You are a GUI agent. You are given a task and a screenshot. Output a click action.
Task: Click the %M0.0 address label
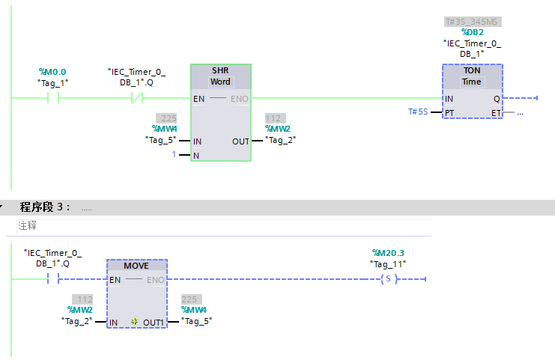point(52,72)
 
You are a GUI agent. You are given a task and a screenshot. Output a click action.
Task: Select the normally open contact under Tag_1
point(53,98)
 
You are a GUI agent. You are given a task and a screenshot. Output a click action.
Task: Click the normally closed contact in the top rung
point(137,98)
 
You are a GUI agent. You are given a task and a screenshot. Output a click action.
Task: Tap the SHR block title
point(220,70)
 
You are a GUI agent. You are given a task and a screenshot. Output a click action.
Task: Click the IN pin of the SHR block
point(198,141)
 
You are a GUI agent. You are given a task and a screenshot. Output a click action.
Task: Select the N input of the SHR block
point(196,155)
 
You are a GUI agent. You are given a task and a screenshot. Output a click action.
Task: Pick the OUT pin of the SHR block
point(240,141)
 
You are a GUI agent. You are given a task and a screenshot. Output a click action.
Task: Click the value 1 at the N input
point(175,155)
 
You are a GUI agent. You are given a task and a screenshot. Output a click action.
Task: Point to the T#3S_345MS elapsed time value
point(472,22)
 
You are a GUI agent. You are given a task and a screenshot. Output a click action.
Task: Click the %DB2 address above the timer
point(472,32)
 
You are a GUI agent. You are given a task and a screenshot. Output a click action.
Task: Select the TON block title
point(472,70)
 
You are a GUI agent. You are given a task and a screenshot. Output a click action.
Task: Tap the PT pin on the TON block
point(449,112)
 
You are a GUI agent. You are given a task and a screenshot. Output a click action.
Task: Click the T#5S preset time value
point(418,112)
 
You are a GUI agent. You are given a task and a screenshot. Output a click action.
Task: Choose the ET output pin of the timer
point(496,112)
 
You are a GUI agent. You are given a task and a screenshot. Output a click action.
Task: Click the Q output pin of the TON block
point(497,98)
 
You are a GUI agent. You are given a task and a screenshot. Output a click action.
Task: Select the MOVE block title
point(136,266)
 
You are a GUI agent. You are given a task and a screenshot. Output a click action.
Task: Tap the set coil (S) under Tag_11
point(387,280)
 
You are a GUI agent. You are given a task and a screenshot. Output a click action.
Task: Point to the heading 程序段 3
point(45,207)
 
